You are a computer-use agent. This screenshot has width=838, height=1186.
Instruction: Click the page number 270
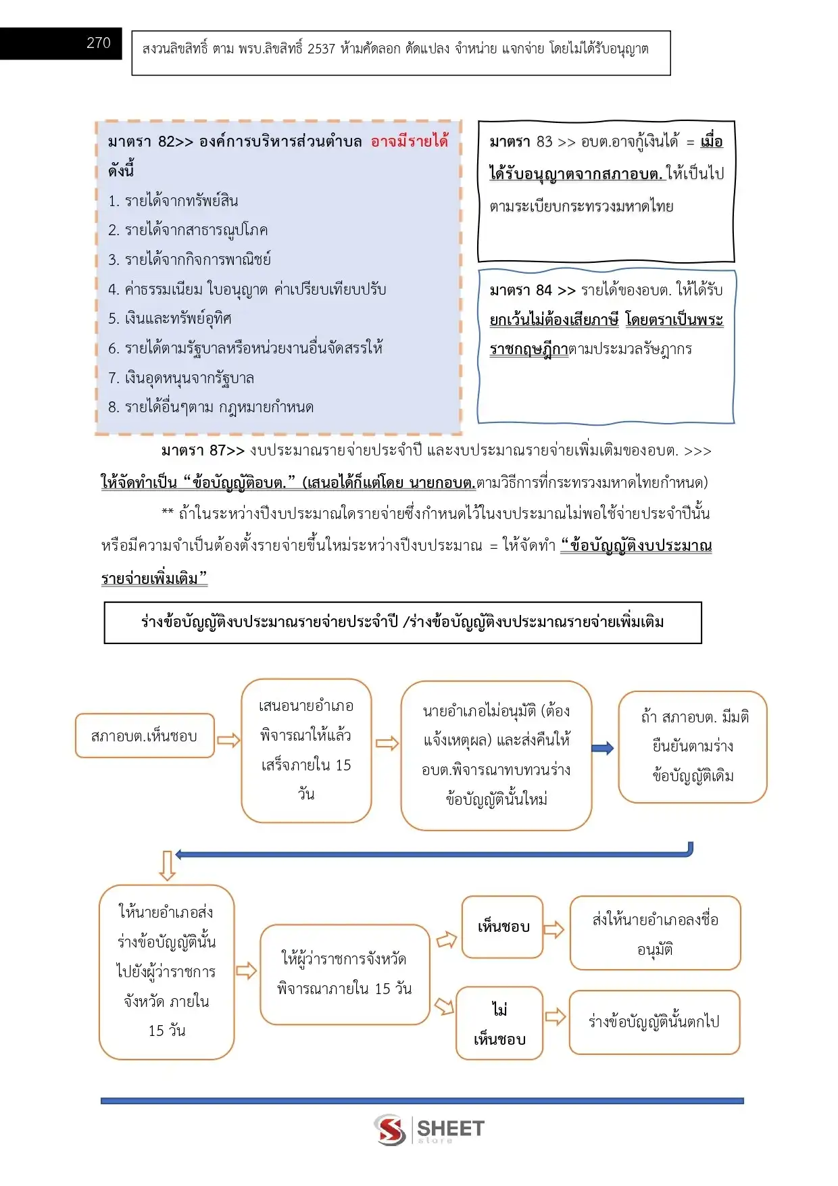pyautogui.click(x=98, y=43)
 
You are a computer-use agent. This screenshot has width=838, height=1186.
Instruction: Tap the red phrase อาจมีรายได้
pyautogui.click(x=409, y=141)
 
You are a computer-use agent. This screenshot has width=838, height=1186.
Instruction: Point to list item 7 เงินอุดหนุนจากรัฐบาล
pyautogui.click(x=181, y=378)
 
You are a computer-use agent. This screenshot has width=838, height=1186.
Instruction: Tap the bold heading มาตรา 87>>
pyautogui.click(x=202, y=451)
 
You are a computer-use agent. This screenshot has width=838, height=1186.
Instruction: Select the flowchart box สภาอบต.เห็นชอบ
pyautogui.click(x=145, y=736)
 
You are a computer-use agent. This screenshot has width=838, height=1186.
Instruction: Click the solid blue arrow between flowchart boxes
pyautogui.click(x=602, y=748)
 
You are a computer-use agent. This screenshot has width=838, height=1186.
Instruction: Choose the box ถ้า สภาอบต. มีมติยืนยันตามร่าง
pyautogui.click(x=693, y=747)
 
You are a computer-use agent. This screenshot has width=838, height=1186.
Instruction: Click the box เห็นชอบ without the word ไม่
pyautogui.click(x=503, y=927)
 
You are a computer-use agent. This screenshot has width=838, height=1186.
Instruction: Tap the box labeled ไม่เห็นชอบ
pyautogui.click(x=499, y=1023)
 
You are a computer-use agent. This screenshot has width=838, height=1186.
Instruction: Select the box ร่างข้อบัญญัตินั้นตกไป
pyautogui.click(x=654, y=1022)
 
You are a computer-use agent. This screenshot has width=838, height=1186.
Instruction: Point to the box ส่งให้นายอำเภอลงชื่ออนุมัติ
pyautogui.click(x=655, y=933)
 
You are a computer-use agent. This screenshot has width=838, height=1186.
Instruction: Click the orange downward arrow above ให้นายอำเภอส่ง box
pyautogui.click(x=167, y=866)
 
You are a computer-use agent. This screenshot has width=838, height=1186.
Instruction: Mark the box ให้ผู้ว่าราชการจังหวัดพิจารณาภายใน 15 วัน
pyautogui.click(x=345, y=974)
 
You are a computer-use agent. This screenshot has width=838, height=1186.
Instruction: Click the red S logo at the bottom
pyautogui.click(x=391, y=1129)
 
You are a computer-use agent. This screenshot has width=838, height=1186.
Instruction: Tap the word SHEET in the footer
pyautogui.click(x=450, y=1128)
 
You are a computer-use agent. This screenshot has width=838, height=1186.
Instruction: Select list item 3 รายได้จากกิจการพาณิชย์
pyautogui.click(x=189, y=260)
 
